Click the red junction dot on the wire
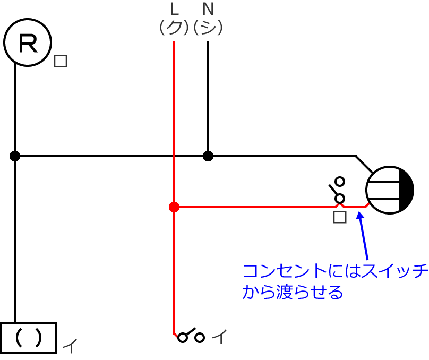pyautogui.click(x=174, y=207)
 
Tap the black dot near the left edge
pyautogui.click(x=15, y=156)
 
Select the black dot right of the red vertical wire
pyautogui.click(x=208, y=156)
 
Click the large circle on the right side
pyautogui.click(x=390, y=190)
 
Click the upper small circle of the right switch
pyautogui.click(x=340, y=183)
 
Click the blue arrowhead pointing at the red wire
pyautogui.click(x=361, y=216)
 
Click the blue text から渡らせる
pyautogui.click(x=292, y=292)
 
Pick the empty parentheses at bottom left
pyautogui.click(x=29, y=337)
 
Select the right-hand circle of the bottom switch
pyautogui.click(x=200, y=337)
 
